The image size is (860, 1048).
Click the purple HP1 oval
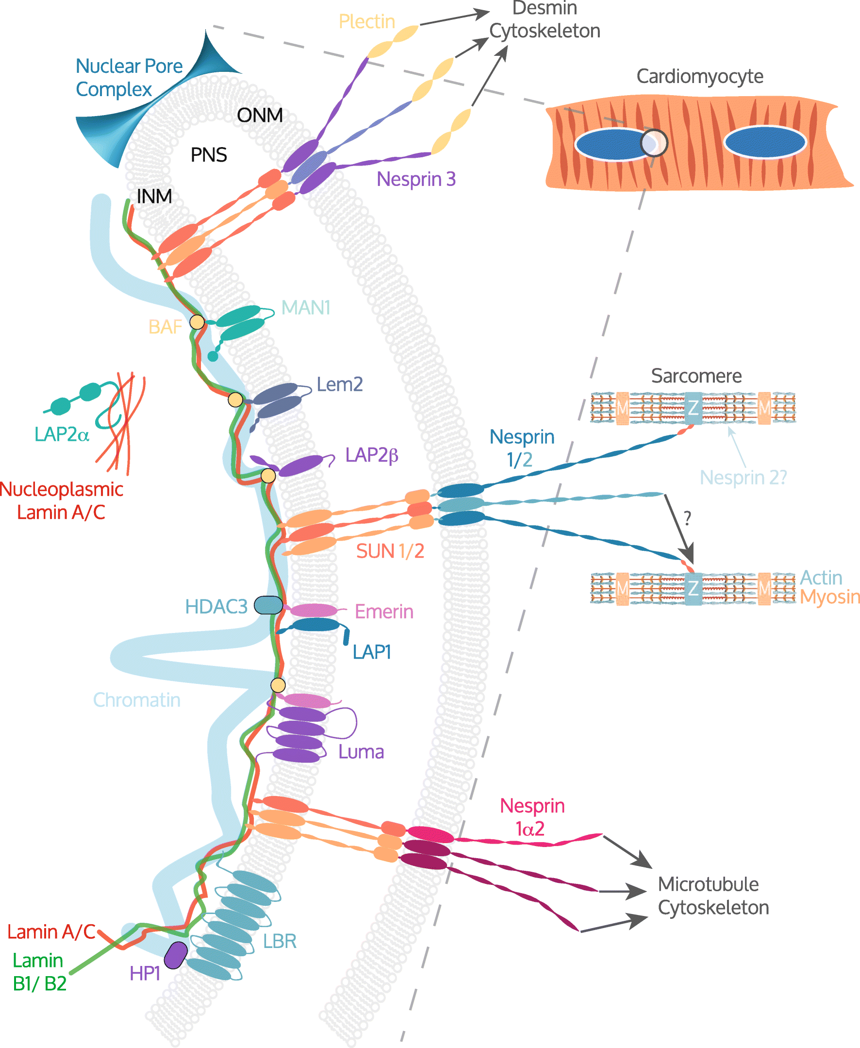pos(175,955)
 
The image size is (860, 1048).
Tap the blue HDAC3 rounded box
pos(268,605)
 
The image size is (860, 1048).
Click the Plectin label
pos(366,22)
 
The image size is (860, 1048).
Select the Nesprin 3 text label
pos(415,179)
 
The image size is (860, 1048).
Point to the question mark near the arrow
pos(687,518)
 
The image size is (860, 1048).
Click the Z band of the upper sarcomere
pos(693,408)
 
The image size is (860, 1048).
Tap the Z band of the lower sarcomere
pos(693,588)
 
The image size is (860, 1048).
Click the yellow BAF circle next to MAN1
pos(197,322)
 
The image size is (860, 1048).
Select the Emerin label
pos(384,612)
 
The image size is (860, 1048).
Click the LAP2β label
pos(372,455)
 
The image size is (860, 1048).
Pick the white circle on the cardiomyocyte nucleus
pos(654,143)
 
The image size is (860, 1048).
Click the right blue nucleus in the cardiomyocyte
pos(764,143)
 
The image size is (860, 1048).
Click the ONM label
pos(260,116)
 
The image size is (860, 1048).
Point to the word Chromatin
pos(137,700)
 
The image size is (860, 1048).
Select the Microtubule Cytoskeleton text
pos(713,896)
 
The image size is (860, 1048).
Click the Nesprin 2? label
pos(743,477)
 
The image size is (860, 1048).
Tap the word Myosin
pos(829,597)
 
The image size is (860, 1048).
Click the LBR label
pos(280,941)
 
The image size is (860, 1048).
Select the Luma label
pos(361,752)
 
